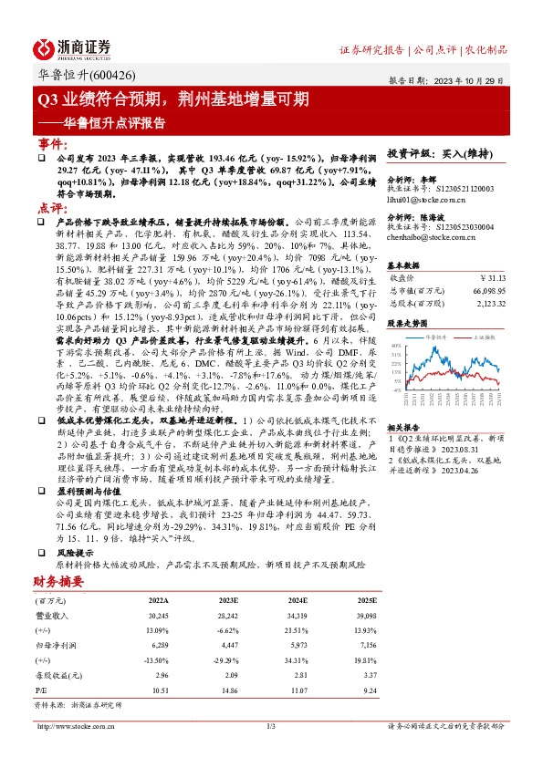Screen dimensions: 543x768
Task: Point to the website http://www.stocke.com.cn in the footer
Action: tap(72, 726)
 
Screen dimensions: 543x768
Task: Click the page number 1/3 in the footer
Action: tap(270, 726)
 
